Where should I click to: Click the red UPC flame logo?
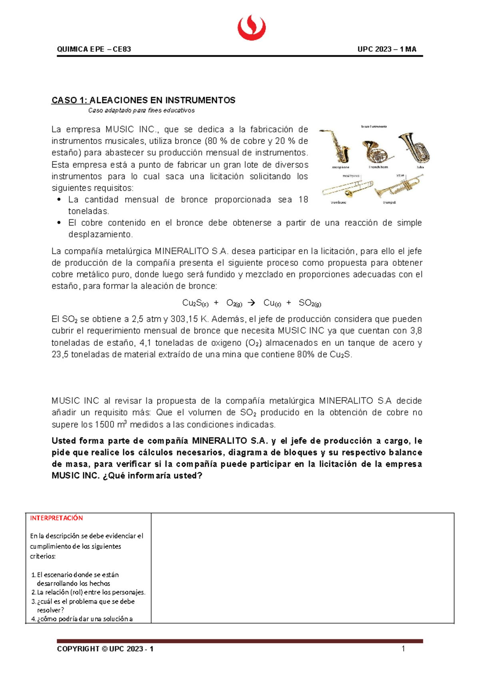coord(252,27)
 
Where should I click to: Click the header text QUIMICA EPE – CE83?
coord(94,49)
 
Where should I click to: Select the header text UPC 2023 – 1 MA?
coord(387,49)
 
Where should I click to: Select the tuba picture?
coord(414,147)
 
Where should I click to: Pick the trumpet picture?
coord(398,187)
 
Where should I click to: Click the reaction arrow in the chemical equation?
coord(251,303)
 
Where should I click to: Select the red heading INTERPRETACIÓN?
coord(56,518)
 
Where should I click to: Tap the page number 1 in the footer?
coord(403,648)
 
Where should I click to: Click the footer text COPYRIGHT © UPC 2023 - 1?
coord(105,649)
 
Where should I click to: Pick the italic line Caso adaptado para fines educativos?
coord(141,110)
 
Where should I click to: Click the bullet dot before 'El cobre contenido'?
coord(59,223)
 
